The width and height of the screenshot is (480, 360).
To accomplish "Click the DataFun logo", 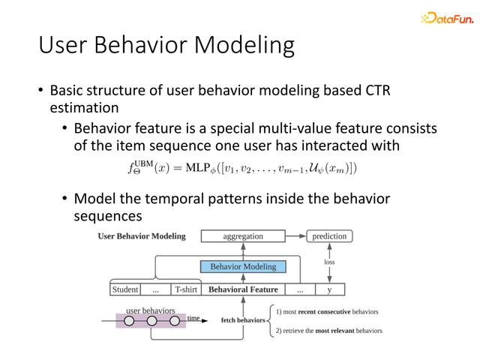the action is point(447,18).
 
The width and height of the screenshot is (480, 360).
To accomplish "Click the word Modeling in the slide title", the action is point(244,46).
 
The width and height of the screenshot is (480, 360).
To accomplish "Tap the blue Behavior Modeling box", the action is point(243,267).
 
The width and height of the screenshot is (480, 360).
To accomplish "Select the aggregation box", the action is point(243,236).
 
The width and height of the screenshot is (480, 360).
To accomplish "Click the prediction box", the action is point(329,236).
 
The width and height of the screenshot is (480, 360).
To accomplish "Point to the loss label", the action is point(329,262).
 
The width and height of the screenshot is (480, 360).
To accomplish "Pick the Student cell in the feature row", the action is point(125,289).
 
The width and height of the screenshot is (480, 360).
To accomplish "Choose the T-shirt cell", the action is point(186,289).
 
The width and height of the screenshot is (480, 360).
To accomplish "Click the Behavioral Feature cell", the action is point(243,289).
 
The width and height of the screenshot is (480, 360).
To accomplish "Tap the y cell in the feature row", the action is point(330,289).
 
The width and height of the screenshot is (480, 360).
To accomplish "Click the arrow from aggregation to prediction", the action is point(295,236).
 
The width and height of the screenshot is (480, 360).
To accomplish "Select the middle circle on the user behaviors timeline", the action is point(151,321).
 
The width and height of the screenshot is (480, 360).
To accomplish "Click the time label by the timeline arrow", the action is point(193,318).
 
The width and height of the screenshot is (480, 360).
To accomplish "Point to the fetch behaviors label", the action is point(243,320).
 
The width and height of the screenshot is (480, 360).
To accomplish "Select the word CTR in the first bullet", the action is point(378,91).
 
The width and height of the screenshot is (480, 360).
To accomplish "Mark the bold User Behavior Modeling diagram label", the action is point(142,236).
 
